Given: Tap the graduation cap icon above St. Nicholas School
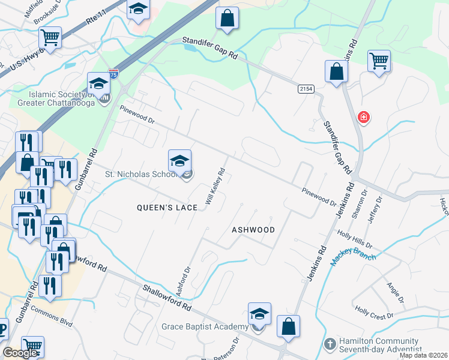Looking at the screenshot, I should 179,161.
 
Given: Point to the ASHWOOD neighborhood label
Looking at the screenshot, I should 253,230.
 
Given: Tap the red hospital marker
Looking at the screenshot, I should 363,117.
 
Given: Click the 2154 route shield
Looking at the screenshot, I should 306,89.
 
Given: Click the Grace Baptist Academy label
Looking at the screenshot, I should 205,326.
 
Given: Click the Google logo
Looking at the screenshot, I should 20,353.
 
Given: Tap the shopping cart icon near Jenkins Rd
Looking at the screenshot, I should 379,61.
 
